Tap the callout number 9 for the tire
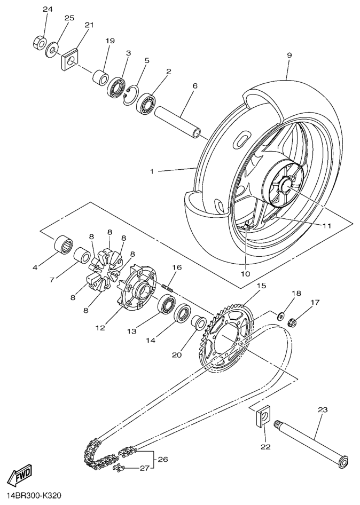tap(288, 55)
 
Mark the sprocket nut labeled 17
tap(293, 322)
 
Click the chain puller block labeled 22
tap(261, 417)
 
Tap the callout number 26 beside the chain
tap(162, 459)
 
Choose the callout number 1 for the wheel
tap(152, 171)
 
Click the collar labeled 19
tap(100, 77)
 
